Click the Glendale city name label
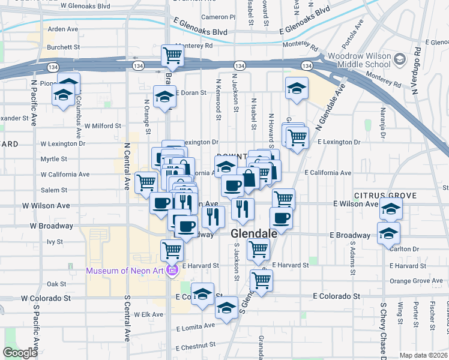click(255, 233)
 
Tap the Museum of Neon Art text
click(125, 271)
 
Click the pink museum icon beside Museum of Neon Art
click(173, 271)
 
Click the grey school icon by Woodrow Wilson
click(401, 59)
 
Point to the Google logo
click(20, 353)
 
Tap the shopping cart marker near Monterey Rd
click(172, 56)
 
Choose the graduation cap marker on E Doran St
click(164, 97)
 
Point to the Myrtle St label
click(53, 159)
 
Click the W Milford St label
click(103, 127)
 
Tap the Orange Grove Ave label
click(416, 281)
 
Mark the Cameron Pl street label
click(218, 17)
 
